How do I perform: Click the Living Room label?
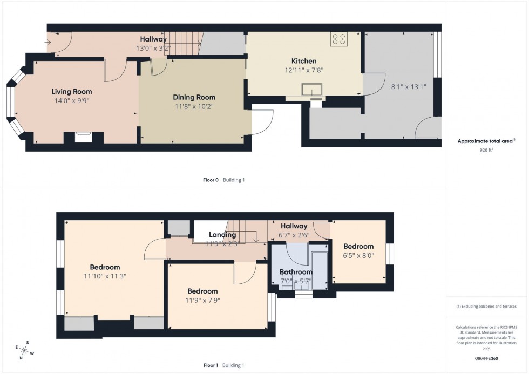(72, 91)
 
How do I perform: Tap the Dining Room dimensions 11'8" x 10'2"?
(194, 107)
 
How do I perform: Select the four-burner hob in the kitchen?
(339, 39)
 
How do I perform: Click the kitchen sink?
(312, 90)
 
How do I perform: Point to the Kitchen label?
(304, 61)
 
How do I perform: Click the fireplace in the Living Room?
(83, 137)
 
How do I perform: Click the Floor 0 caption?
(210, 180)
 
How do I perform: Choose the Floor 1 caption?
(210, 365)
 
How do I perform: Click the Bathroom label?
(295, 272)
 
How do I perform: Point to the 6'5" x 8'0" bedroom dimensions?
(358, 256)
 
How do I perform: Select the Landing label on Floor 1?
(222, 235)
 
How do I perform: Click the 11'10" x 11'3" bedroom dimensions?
(105, 276)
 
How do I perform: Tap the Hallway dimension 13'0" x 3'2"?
(153, 48)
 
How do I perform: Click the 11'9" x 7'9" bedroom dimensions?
(202, 300)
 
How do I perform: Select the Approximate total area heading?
(485, 141)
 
